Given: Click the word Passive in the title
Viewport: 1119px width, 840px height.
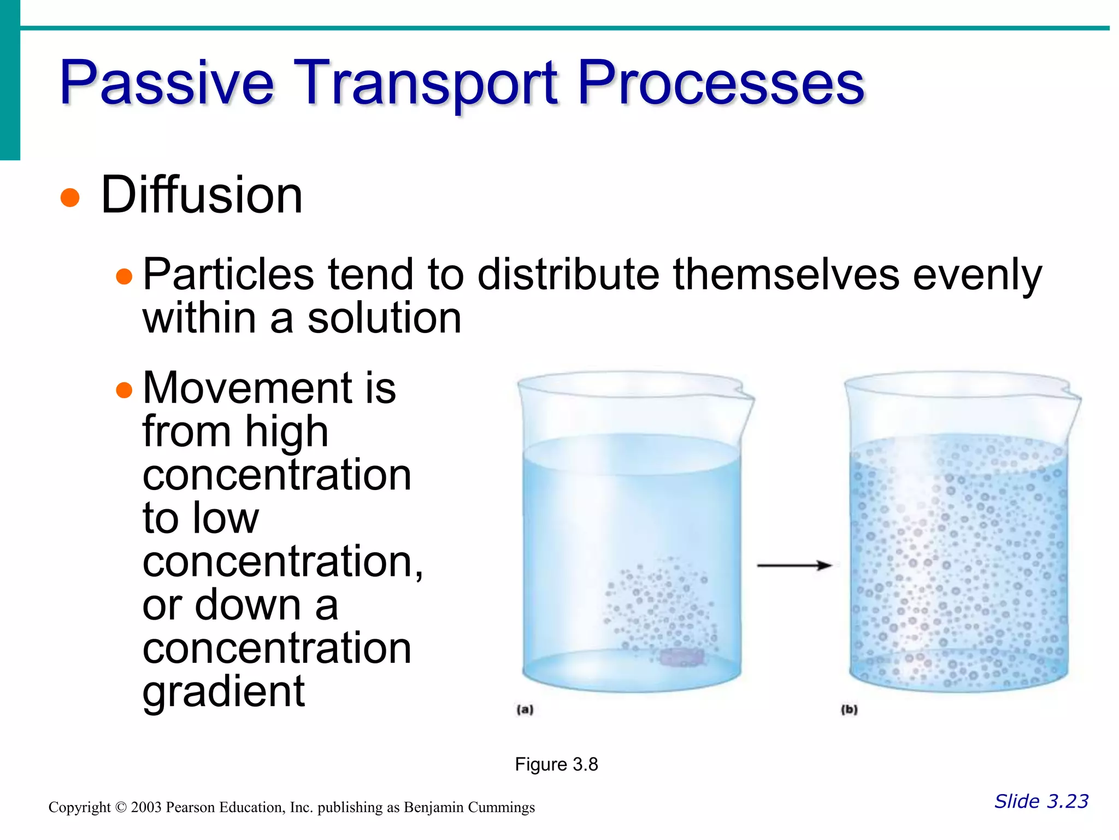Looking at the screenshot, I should (167, 83).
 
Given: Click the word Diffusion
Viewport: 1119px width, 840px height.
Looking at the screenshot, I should (202, 195).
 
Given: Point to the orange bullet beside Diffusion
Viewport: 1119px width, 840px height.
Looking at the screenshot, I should (70, 197).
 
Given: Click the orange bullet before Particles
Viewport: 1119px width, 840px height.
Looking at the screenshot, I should (125, 276).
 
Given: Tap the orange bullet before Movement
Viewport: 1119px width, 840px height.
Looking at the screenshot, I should (125, 390).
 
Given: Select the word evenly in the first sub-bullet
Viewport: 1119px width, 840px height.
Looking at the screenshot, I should (977, 275).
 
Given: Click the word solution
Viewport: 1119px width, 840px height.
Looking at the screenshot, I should (384, 318).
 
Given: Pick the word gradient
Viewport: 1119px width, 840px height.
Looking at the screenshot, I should (223, 692).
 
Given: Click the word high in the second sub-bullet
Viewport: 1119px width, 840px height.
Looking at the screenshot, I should (286, 432).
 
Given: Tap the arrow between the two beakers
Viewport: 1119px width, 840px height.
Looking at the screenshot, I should (794, 565).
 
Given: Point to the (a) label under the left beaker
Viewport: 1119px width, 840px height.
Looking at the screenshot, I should (525, 710).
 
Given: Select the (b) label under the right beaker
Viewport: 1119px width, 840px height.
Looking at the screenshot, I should (849, 710).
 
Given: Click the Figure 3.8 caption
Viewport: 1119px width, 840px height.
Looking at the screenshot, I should (556, 764).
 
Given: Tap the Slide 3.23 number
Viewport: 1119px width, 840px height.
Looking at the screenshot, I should (1041, 801).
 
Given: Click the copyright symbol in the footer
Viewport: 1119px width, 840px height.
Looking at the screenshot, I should (121, 808).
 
